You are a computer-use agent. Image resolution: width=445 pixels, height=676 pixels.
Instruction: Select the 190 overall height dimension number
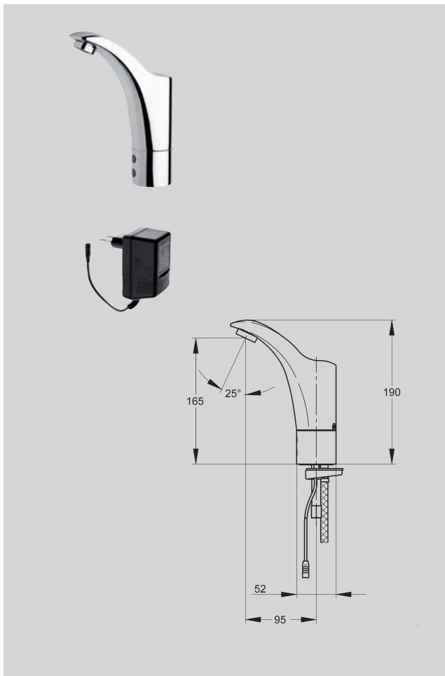(392, 392)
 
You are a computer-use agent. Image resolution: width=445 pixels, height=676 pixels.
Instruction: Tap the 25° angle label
(233, 394)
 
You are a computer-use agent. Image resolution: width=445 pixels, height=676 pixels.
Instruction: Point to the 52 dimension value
(260, 589)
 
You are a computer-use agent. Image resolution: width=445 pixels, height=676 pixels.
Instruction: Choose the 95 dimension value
(280, 620)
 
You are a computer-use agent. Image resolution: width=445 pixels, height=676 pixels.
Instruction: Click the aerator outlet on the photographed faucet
(85, 47)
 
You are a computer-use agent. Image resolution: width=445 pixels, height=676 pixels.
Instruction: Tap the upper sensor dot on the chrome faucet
(133, 158)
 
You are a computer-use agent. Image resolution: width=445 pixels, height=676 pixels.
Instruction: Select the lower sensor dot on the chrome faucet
(133, 170)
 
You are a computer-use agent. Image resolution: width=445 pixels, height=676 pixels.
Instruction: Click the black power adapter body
(146, 264)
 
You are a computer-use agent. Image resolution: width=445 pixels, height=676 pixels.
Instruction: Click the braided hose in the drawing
(324, 508)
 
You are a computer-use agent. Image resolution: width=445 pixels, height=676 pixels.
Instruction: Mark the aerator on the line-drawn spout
(247, 338)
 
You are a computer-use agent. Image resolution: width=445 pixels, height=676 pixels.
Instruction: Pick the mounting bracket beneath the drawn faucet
(324, 474)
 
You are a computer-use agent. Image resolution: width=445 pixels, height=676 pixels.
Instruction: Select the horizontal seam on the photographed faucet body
(153, 149)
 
